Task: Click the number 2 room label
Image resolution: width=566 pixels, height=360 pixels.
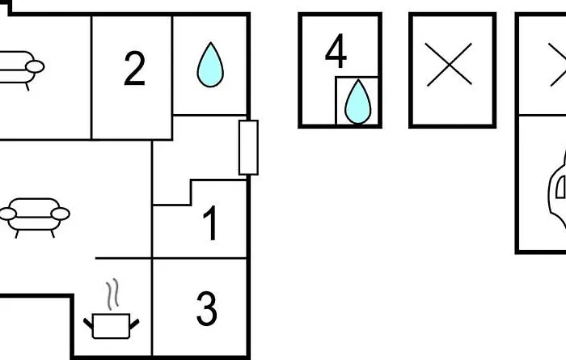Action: pyautogui.click(x=135, y=69)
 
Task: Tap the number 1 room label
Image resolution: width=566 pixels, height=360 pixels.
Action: pyautogui.click(x=210, y=222)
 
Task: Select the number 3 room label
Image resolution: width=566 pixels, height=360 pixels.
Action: pyautogui.click(x=207, y=309)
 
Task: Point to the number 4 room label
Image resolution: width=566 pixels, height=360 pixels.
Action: pyautogui.click(x=336, y=50)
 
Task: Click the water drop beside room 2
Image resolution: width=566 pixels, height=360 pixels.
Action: pyautogui.click(x=210, y=65)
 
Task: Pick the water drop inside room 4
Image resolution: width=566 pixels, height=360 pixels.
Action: pyautogui.click(x=357, y=102)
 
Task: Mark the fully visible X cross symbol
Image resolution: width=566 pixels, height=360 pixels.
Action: pyautogui.click(x=449, y=65)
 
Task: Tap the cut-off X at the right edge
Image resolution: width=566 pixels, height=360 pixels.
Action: pyautogui.click(x=558, y=65)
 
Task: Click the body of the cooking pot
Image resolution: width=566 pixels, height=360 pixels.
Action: pyautogui.click(x=112, y=326)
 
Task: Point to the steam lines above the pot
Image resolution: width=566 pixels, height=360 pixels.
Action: pyautogui.click(x=112, y=294)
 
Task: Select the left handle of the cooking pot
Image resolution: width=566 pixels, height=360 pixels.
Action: pyautogui.click(x=88, y=324)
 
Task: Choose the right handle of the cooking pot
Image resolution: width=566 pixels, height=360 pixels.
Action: pyautogui.click(x=134, y=324)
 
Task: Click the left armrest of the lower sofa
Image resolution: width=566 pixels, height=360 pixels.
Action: pyautogui.click(x=7, y=214)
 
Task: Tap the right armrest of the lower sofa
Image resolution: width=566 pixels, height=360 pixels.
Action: pyautogui.click(x=61, y=214)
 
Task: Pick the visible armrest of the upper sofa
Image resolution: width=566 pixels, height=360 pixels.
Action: pyautogui.click(x=35, y=67)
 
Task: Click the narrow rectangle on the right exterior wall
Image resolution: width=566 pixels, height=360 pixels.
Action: pyautogui.click(x=248, y=148)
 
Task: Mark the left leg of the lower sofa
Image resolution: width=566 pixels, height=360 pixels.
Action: pyautogui.click(x=17, y=234)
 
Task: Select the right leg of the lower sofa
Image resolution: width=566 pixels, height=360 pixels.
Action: pyautogui.click(x=53, y=234)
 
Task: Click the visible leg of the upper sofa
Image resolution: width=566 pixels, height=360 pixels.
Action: pyautogui.click(x=27, y=87)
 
